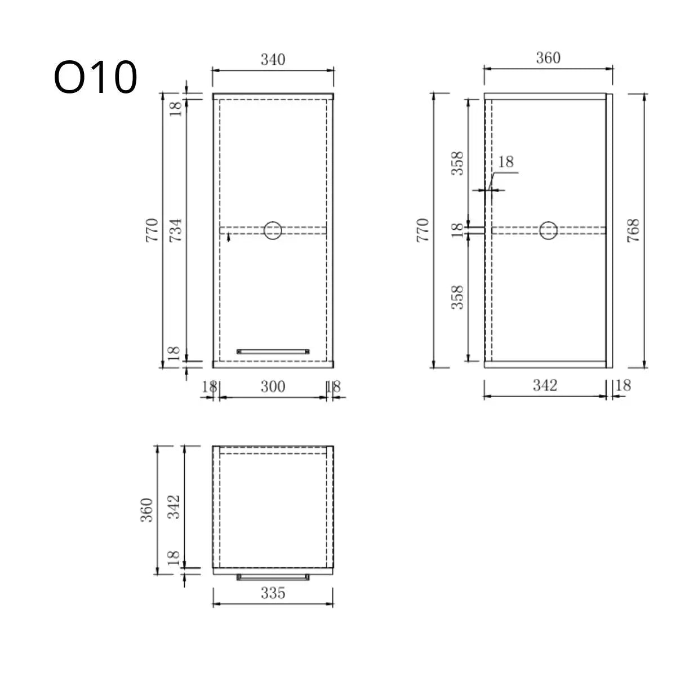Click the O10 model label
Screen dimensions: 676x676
[95, 78]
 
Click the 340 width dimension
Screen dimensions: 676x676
[273, 59]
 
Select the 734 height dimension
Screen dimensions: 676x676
[175, 230]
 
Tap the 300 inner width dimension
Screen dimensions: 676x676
[273, 387]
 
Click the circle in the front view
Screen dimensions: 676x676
[273, 230]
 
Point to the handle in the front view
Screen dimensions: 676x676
[273, 351]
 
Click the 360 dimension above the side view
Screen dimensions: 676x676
[548, 58]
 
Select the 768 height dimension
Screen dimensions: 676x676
[633, 230]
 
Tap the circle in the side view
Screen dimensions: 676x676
[548, 230]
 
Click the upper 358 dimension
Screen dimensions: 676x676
[458, 163]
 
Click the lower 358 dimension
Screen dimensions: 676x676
[458, 297]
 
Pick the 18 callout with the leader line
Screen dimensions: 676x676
[506, 162]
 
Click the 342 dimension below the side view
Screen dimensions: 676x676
[545, 385]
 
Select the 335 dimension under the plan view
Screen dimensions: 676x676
[273, 593]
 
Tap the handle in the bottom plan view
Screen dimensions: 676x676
[273, 577]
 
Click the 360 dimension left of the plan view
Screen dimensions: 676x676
[147, 510]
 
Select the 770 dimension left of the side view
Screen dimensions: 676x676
[423, 230]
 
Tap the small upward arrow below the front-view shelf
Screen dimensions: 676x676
[228, 238]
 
